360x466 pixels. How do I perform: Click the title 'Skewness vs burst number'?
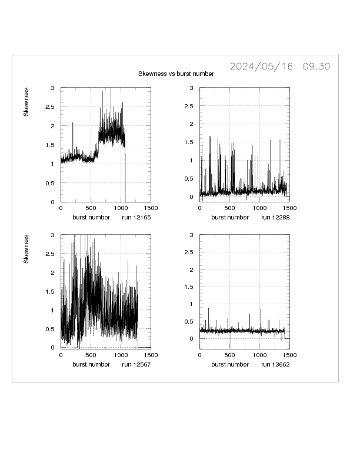tap(176, 74)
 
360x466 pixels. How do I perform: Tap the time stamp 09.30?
tap(316, 66)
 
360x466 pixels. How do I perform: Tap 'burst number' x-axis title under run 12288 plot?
tap(230, 217)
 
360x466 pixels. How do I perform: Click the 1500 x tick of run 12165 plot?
tap(150, 208)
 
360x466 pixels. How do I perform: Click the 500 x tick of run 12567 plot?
tap(91, 355)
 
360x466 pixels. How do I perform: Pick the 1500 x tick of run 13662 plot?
tap(289, 355)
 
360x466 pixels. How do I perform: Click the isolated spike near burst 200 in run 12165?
tap(73, 124)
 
